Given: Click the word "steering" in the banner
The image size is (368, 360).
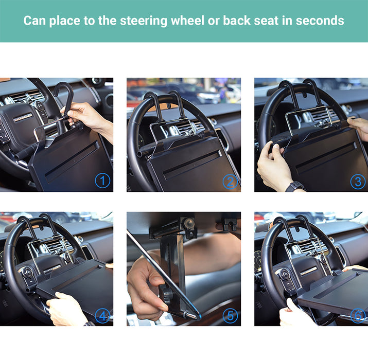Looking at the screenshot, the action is (x=144, y=21).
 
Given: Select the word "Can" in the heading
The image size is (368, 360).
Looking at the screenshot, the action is (x=34, y=21).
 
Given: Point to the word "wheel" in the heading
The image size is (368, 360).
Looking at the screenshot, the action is (x=187, y=21).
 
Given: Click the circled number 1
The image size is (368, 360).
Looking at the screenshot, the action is (x=102, y=181).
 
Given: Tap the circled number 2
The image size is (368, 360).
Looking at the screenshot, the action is (x=230, y=182).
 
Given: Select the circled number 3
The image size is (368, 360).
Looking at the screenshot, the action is (x=358, y=182).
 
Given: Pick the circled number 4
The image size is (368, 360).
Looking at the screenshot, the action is (x=102, y=316).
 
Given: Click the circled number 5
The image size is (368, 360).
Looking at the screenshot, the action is (x=230, y=316).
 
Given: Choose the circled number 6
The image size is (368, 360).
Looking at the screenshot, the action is (x=358, y=316).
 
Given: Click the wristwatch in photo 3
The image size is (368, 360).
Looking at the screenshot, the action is (x=295, y=187).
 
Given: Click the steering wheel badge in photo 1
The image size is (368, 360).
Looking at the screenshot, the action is (x=23, y=117).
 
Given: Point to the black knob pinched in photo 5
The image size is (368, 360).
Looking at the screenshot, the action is (x=166, y=293).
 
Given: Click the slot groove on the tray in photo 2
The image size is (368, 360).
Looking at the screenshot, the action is (x=192, y=163).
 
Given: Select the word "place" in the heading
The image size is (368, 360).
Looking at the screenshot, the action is (x=65, y=21).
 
